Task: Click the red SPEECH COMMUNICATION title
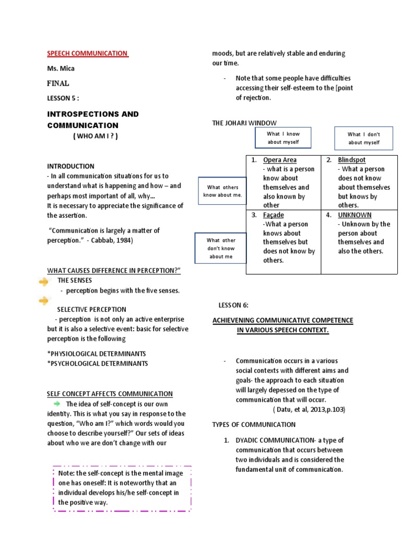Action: pos(87,53)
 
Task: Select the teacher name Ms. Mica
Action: pos(61,68)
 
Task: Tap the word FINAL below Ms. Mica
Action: pos(58,83)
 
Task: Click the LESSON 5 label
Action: pos(63,98)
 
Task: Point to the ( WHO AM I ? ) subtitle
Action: pos(95,136)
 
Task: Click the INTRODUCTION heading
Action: pos(71,166)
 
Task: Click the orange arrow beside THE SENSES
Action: pos(44,282)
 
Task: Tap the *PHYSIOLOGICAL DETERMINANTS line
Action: pos(97,354)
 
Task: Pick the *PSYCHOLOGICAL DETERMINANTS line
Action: pos(98,364)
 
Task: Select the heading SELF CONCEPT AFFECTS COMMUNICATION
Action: pos(110,394)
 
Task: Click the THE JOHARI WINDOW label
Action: pos(244,123)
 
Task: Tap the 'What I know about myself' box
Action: pos(284,138)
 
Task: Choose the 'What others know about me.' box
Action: pos(223,191)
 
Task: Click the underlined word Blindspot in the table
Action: pos(351,160)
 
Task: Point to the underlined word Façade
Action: pos(274,215)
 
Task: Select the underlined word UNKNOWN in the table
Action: pos(355,215)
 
